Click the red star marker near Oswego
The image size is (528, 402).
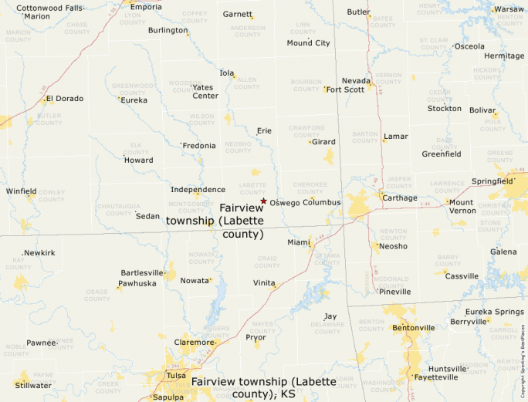(x=263, y=201)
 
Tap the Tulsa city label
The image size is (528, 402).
(x=176, y=376)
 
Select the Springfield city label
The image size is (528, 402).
(x=492, y=181)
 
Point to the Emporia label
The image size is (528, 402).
(x=147, y=7)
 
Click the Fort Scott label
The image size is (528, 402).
(x=345, y=90)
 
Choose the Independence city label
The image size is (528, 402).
(x=198, y=189)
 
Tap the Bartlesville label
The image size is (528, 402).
(x=142, y=272)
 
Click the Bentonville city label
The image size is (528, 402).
(x=414, y=328)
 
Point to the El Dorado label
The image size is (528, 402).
(x=65, y=99)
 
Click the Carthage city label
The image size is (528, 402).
(x=400, y=198)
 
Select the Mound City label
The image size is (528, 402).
(x=308, y=43)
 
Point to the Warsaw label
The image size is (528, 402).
(x=509, y=9)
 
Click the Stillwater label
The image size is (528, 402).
(x=33, y=385)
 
